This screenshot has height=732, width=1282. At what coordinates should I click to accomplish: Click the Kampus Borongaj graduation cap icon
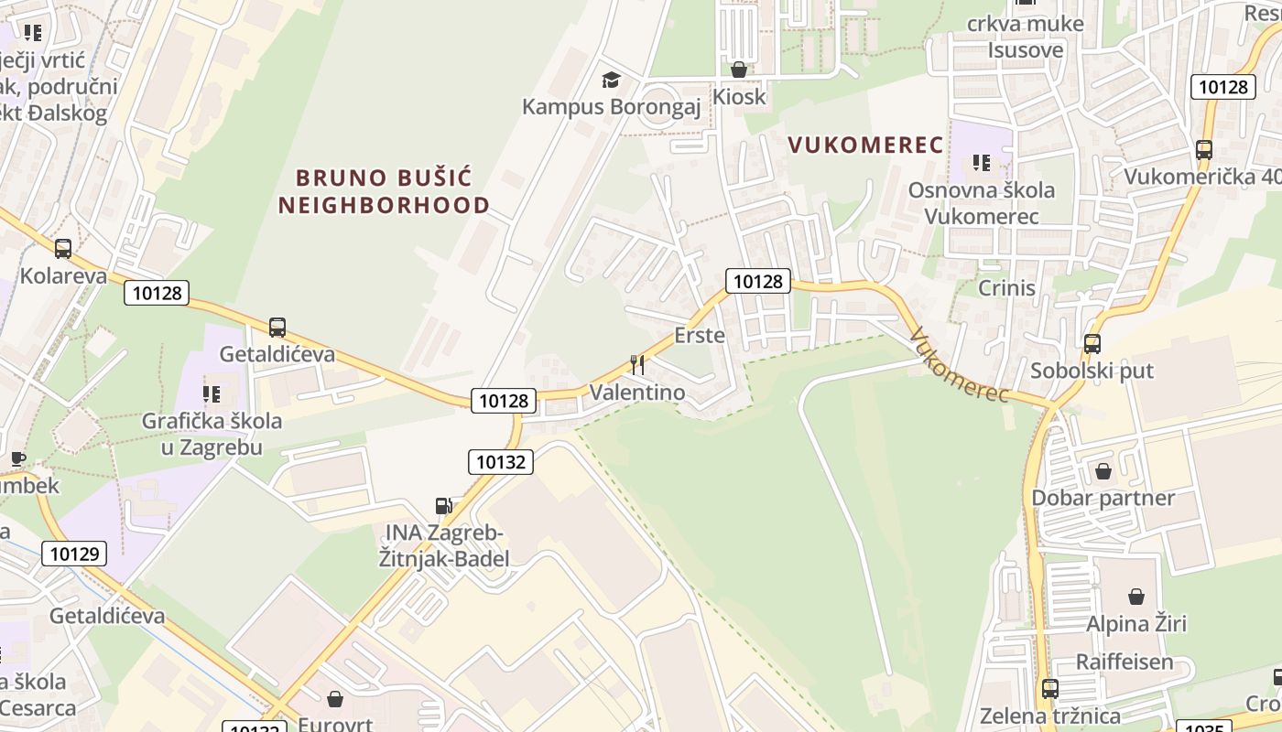[x=611, y=81]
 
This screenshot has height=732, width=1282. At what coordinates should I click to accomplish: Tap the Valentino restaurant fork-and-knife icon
[x=637, y=365]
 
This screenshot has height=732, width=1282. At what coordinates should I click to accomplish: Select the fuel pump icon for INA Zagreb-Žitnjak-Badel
[x=444, y=506]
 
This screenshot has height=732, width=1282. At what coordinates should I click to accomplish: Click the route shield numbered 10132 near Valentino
[x=501, y=462]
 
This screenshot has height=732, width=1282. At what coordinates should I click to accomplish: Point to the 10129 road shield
[x=74, y=553]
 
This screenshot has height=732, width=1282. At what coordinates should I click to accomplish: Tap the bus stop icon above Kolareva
[x=63, y=248]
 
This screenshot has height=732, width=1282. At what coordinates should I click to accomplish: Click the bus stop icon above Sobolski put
[x=1092, y=344]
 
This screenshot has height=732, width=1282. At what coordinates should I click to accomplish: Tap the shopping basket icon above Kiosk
[x=739, y=70]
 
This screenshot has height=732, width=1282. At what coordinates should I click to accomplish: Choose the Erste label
[x=700, y=335]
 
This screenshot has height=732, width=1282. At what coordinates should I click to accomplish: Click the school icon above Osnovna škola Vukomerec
[x=982, y=163]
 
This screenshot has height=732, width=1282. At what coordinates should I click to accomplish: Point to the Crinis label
[x=1006, y=287]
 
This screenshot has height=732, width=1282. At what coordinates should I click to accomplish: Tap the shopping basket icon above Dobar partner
[x=1103, y=471]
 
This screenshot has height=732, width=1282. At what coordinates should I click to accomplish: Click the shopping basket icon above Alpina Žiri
[x=1136, y=597]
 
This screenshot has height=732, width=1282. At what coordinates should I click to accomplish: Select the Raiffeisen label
[x=1124, y=662]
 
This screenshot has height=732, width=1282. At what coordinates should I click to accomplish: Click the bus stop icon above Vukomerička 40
[x=1204, y=149]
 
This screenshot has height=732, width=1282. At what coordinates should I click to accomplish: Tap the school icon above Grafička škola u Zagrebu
[x=212, y=394]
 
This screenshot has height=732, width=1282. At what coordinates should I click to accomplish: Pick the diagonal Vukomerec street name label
[x=960, y=365]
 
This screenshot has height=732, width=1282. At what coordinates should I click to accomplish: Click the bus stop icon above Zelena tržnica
[x=1050, y=688]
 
